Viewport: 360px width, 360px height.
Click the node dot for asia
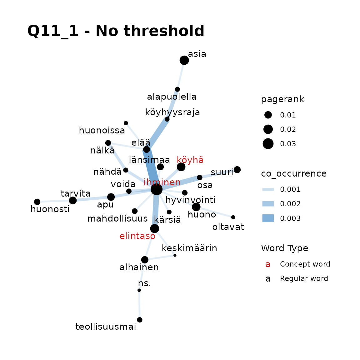(184, 60)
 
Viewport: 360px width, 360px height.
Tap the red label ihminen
(162, 182)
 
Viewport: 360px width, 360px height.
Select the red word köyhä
(190, 160)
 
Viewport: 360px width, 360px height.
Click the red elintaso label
(137, 236)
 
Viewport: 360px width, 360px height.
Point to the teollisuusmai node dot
(140, 320)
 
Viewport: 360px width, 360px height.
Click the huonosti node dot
(37, 202)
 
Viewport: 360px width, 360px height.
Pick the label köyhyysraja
(172, 112)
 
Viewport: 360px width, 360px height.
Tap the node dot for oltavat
(233, 217)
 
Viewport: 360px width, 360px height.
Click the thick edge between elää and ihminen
(152, 170)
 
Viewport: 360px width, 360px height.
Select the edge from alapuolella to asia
(181, 75)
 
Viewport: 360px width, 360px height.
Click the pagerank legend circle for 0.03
(268, 144)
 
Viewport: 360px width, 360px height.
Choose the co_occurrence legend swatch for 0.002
(268, 204)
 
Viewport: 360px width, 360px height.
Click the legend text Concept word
(305, 264)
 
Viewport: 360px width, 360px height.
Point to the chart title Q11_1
(53, 31)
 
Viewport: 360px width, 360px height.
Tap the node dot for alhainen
(145, 260)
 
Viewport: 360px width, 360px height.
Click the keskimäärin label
(189, 248)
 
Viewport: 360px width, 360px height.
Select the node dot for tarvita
(73, 200)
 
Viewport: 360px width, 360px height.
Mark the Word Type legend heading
(284, 248)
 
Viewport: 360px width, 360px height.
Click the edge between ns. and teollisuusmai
(139, 305)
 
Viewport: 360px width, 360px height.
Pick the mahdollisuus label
(117, 218)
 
